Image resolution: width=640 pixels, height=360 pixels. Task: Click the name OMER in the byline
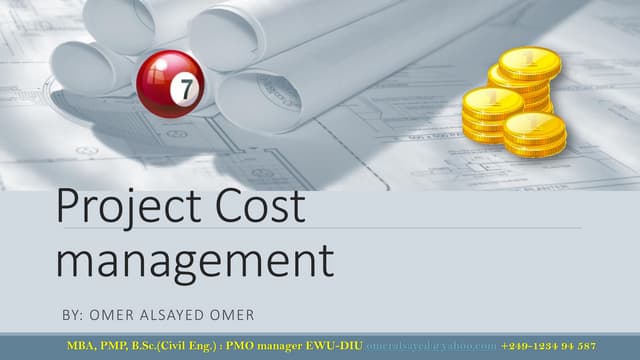(111, 314)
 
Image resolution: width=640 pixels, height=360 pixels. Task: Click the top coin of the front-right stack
(535, 127)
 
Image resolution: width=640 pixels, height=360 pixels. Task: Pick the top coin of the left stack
(492, 102)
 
